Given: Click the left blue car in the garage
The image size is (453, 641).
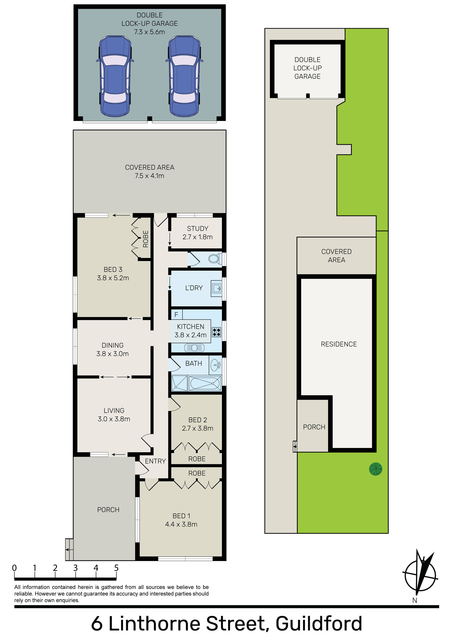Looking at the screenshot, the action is coord(115,76).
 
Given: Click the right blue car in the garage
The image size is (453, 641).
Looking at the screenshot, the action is coord(184,76).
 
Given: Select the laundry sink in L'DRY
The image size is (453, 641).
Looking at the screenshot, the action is coord(216,288).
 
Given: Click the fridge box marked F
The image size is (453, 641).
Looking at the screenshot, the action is coord(176,314).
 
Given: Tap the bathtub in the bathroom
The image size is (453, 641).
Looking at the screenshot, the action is coord(205,383).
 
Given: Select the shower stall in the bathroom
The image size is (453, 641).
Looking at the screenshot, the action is coord(179,383).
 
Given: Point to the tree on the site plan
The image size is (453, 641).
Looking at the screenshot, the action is coord(376,469).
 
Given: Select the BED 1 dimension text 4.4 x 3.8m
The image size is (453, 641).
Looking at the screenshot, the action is coord(181,524).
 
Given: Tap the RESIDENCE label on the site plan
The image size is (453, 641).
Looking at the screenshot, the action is coord(339,344).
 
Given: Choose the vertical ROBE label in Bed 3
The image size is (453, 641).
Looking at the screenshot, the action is coord(145,239).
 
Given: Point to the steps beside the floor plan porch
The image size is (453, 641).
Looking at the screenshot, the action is coord(69,549).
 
